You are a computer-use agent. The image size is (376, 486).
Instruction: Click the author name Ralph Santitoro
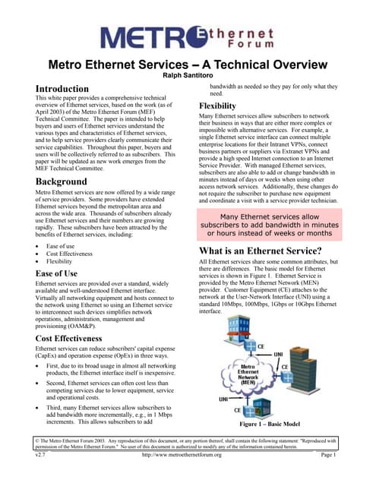[x=187, y=76]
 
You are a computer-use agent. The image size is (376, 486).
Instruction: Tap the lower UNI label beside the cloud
[x=224, y=399]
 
